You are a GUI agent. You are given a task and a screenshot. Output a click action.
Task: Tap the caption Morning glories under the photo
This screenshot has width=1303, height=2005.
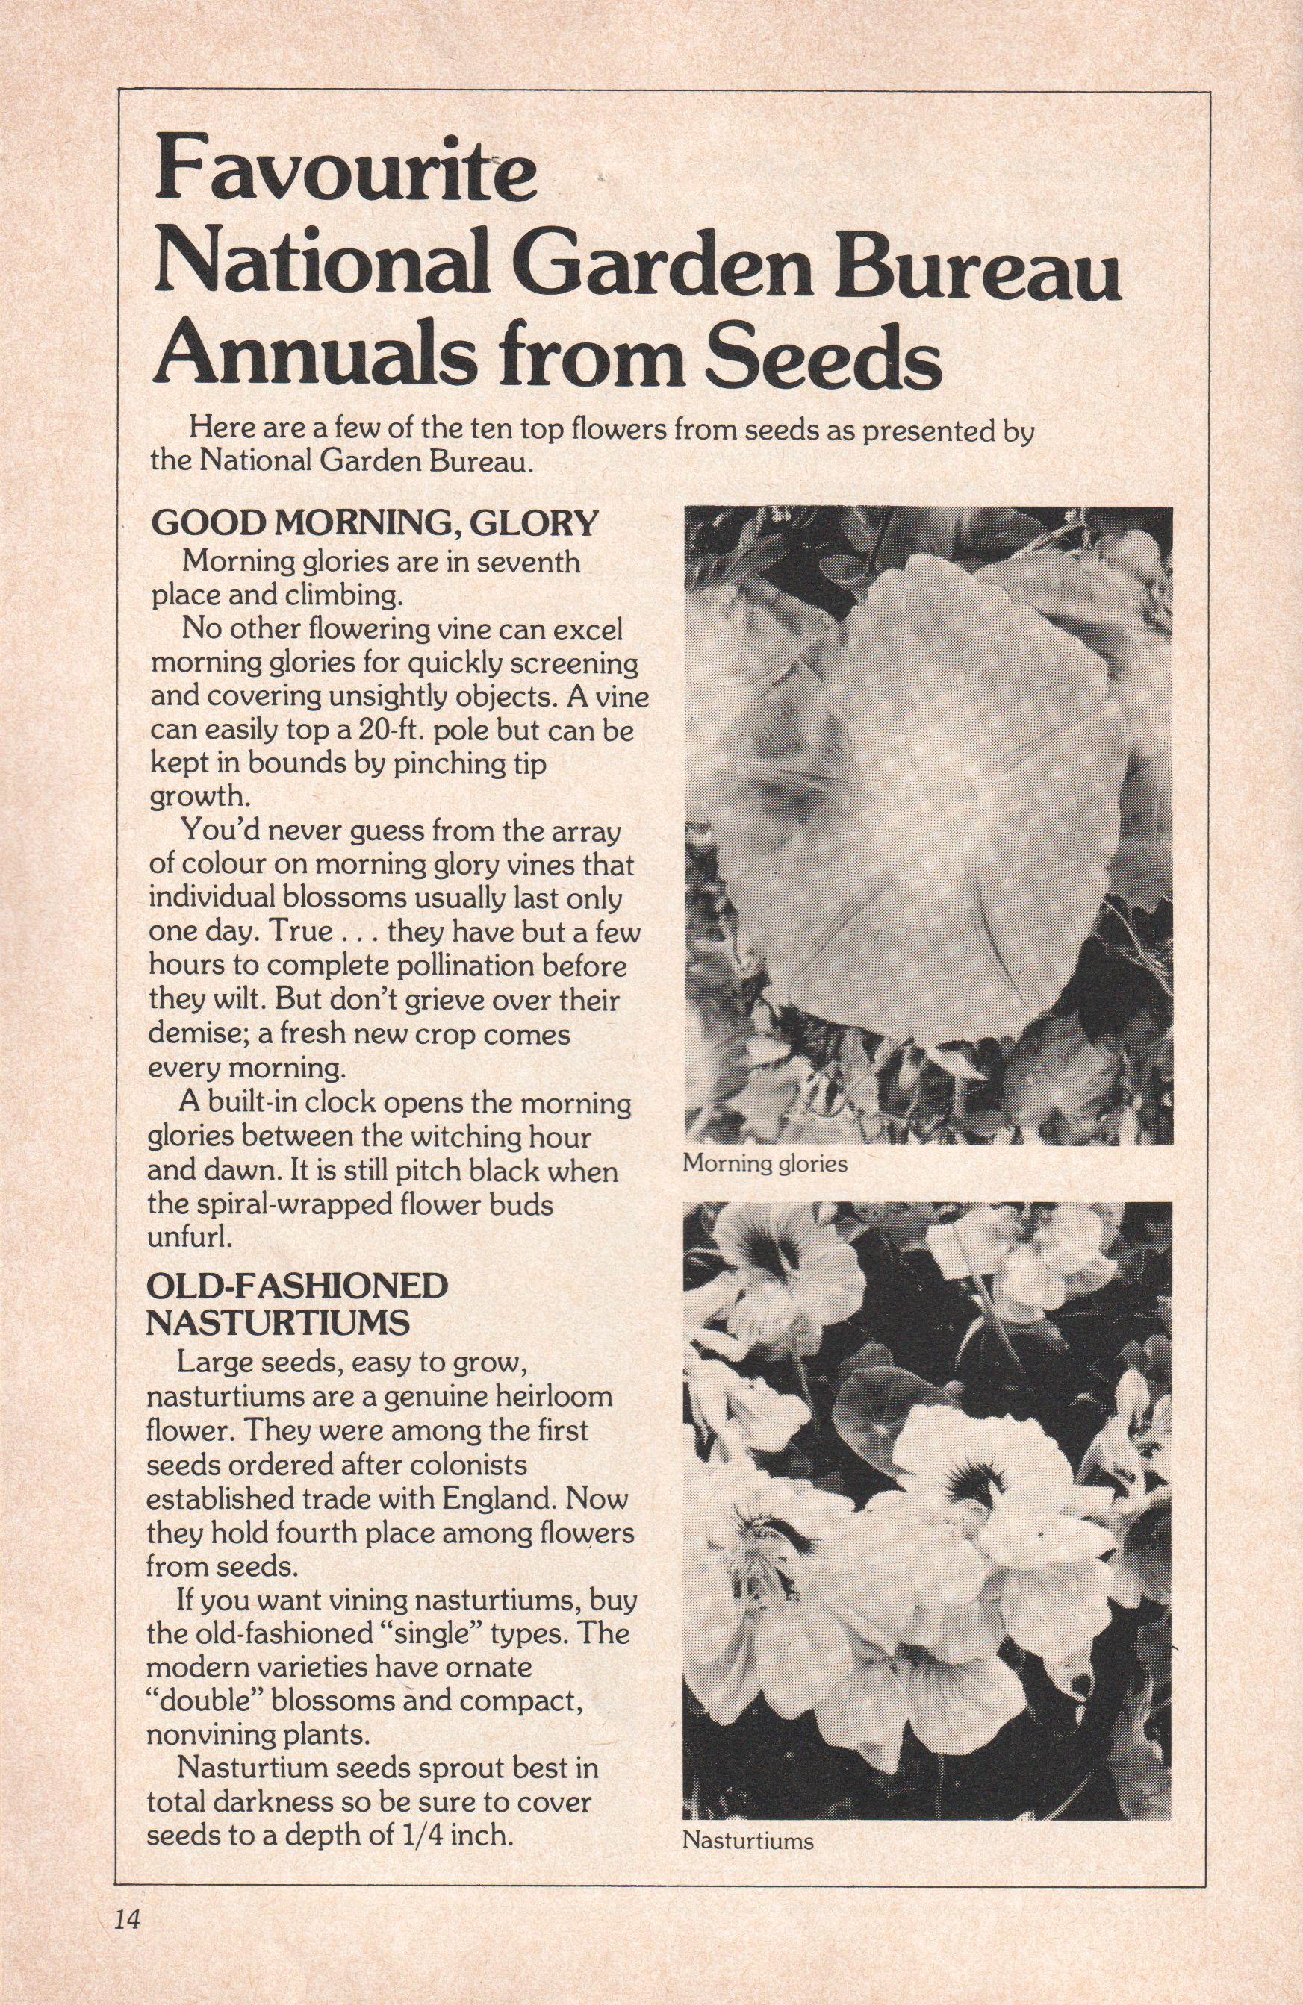[x=765, y=1165]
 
